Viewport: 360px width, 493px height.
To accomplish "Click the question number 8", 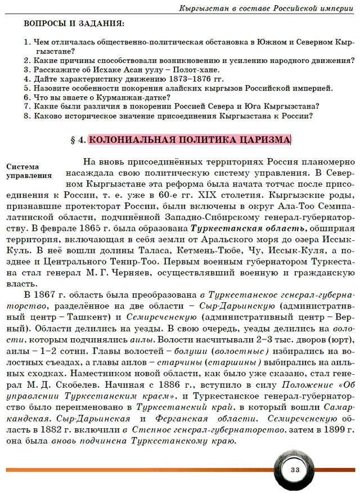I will point(26,116).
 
